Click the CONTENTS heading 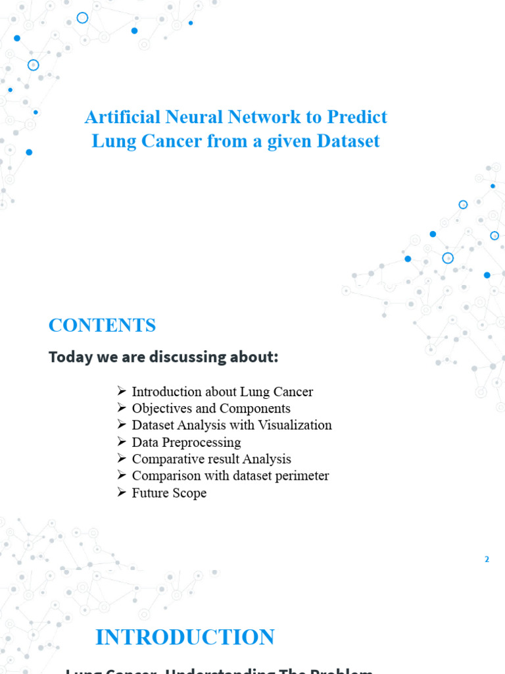click(102, 325)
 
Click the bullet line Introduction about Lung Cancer click(222, 392)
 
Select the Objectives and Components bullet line click(211, 409)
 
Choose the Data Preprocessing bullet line click(186, 442)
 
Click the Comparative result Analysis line click(211, 459)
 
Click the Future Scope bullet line click(169, 492)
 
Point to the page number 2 click(487, 559)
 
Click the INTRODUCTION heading click(185, 637)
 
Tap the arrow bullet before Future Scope click(121, 492)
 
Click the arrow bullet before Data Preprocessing click(121, 442)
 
